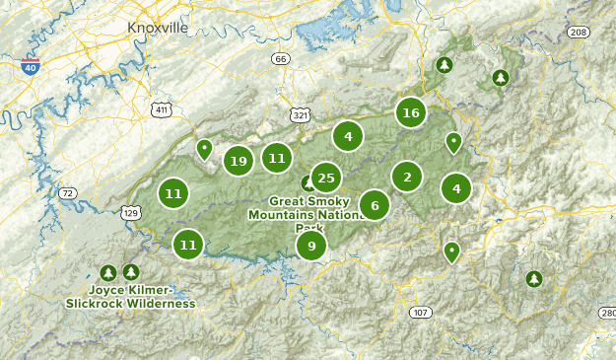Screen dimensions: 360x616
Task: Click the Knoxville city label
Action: pos(158,28)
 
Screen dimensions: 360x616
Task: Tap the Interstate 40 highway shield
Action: pos(34,68)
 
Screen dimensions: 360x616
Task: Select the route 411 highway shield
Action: pos(161,109)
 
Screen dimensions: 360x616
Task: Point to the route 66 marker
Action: pos(282,60)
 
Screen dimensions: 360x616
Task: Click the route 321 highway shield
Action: pos(301,115)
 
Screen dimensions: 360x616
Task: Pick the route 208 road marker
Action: pos(579,33)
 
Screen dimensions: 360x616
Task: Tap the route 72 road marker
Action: pos(67,193)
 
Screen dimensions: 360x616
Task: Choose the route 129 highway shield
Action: pos(131,212)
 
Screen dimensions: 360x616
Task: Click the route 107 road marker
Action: pos(421,313)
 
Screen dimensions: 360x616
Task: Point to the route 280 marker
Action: pos(606,313)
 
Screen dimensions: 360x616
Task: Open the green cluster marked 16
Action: pos(411,113)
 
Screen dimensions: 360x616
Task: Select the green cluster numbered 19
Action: pos(238,161)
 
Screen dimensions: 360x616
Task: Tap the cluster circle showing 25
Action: pos(325,179)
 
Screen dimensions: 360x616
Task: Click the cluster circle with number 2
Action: pos(406,178)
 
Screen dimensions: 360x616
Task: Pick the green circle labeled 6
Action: pos(375,205)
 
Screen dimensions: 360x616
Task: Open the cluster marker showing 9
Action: pos(311,246)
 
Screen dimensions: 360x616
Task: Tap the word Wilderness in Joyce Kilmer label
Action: pos(162,304)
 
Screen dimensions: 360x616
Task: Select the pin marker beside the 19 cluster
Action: pos(205,149)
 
